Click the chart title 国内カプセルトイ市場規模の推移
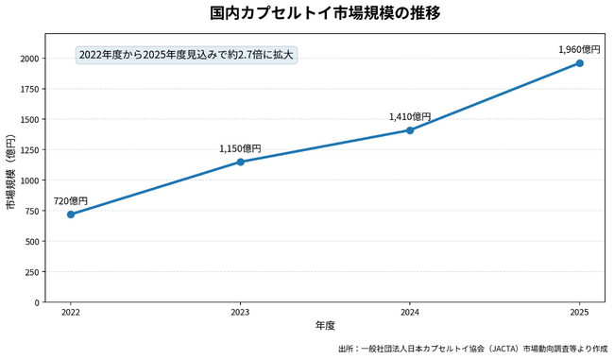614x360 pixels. coord(325,13)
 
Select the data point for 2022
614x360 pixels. coord(71,214)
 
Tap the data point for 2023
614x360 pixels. coord(241,162)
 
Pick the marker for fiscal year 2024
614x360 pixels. coord(410,130)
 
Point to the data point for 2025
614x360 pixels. coord(580,63)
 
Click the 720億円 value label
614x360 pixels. coord(71,201)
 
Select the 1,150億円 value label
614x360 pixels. coord(240,149)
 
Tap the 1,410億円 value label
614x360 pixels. coord(410,117)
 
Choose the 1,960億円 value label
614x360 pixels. coord(579,49)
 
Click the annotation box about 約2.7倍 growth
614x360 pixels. coord(186,55)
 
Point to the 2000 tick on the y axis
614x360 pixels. coord(30,59)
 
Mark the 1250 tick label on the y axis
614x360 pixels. coord(30,150)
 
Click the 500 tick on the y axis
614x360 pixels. coord(32,242)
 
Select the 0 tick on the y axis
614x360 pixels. coord(37,302)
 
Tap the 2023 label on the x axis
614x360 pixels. coord(241,312)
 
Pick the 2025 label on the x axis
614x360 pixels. coord(580,312)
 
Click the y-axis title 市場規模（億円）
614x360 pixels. coord(11,172)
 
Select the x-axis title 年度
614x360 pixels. coord(325,326)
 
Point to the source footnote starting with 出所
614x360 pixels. coord(473,349)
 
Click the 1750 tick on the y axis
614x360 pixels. coord(30,90)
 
